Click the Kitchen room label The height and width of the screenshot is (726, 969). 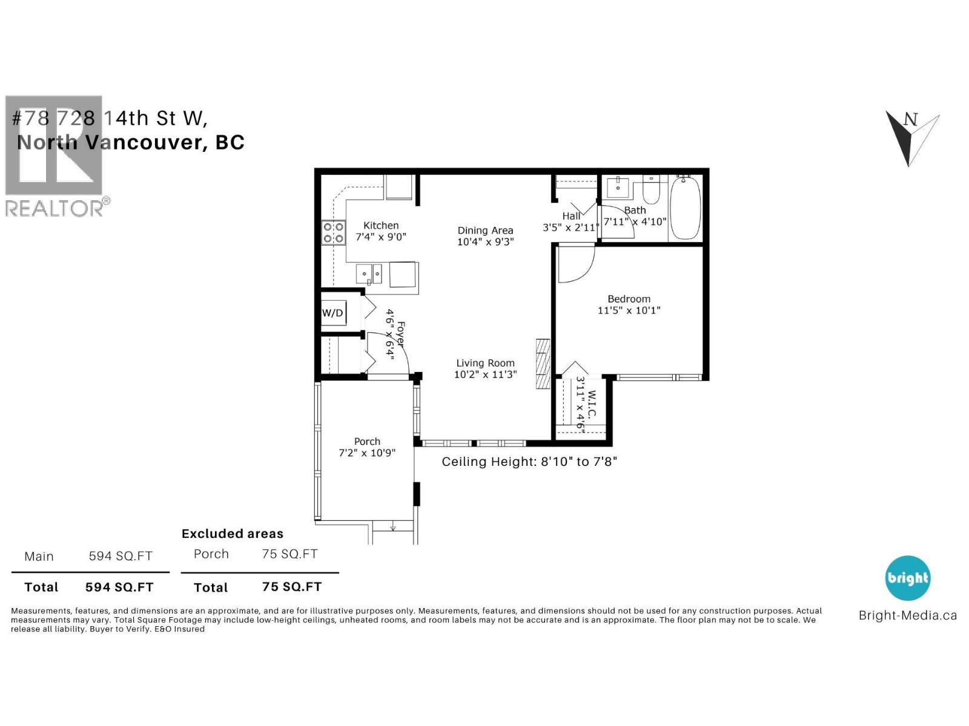coord(381,225)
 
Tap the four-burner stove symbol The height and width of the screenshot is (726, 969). coord(333,233)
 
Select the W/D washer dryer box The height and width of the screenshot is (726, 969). coord(332,313)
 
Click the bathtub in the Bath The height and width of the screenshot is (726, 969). coord(686,207)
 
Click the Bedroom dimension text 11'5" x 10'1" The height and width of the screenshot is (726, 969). coord(629,310)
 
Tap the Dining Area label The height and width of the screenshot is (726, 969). coord(485,231)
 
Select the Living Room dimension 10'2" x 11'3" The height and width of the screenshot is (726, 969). coord(485,374)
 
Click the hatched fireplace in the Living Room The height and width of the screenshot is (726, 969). coord(543,363)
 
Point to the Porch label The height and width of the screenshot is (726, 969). coord(367,442)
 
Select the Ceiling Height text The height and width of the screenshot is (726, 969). coord(529,462)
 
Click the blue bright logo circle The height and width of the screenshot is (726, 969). coord(907,578)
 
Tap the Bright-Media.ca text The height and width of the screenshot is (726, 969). coord(907,615)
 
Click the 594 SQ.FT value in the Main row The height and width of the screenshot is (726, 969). coord(121,556)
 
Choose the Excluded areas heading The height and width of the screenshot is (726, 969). coord(233,534)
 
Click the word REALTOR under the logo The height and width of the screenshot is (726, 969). coord(54,208)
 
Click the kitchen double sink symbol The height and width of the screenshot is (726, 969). coord(368,274)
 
